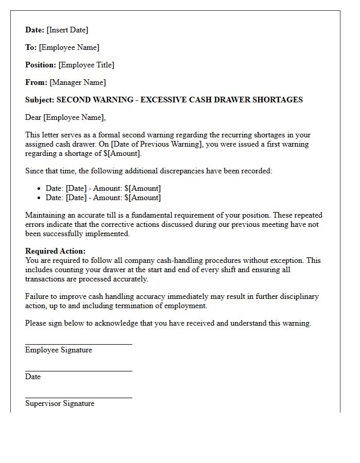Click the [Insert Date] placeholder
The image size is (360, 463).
click(x=68, y=30)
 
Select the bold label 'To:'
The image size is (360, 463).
click(x=31, y=47)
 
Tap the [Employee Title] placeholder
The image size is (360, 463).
click(x=86, y=65)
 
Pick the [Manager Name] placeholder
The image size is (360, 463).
click(x=78, y=82)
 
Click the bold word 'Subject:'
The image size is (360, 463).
click(x=40, y=100)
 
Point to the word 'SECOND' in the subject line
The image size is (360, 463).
click(x=74, y=100)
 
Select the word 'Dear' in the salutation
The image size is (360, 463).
click(x=33, y=117)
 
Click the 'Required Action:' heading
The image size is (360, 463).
click(x=56, y=251)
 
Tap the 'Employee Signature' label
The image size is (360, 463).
click(x=59, y=350)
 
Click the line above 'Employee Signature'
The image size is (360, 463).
click(x=78, y=344)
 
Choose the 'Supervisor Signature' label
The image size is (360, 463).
click(x=60, y=403)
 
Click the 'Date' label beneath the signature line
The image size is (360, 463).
click(x=33, y=377)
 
